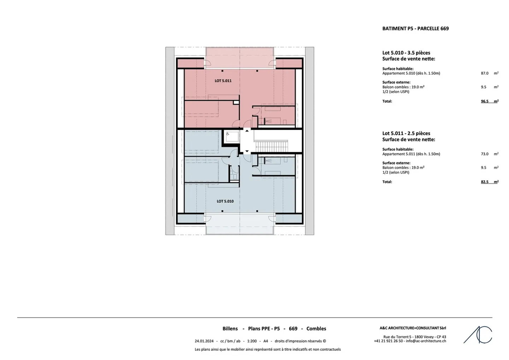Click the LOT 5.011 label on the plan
(223, 81)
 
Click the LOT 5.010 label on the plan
(225, 201)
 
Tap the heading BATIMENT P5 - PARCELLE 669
(415, 29)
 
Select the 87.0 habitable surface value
(485, 73)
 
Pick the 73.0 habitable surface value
(485, 154)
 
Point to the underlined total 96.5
(485, 101)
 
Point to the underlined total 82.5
(485, 182)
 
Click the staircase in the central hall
(272, 146)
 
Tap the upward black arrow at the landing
(247, 131)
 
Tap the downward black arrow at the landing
(247, 151)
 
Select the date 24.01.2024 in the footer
(204, 341)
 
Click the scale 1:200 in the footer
(252, 341)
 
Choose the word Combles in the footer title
(316, 329)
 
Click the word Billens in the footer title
(230, 329)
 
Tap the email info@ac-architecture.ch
(426, 341)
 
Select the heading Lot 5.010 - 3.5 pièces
(406, 53)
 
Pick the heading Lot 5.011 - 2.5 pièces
(406, 133)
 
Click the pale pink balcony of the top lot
(240, 58)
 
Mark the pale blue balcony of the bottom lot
(240, 224)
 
